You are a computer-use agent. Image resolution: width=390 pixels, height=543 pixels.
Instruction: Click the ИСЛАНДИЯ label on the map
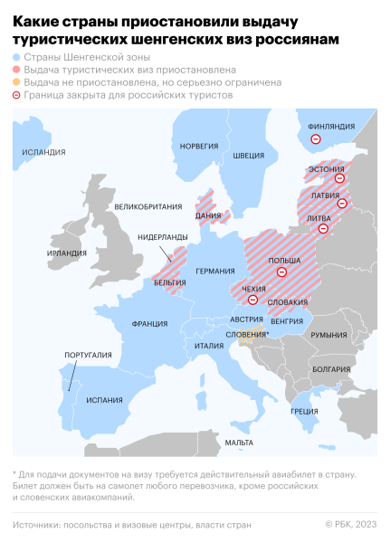[x=43, y=152]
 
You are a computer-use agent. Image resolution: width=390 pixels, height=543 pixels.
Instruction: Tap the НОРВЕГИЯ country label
[x=199, y=146]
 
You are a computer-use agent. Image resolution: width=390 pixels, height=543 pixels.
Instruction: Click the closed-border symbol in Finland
[x=317, y=139]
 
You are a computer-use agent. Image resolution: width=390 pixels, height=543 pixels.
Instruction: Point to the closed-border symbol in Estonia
[x=339, y=178]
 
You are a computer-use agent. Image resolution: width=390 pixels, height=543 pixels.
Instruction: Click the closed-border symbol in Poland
[x=281, y=271]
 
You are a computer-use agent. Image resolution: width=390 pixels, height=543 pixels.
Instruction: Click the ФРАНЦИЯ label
[x=148, y=323]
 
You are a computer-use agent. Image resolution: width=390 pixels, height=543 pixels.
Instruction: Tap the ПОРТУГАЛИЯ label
[x=88, y=355]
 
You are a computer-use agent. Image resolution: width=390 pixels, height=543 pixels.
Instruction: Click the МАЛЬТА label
[x=240, y=442]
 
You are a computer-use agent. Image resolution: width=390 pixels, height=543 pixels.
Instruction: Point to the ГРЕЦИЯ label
[x=303, y=411]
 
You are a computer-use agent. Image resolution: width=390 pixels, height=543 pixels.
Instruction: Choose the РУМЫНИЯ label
[x=328, y=335]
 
